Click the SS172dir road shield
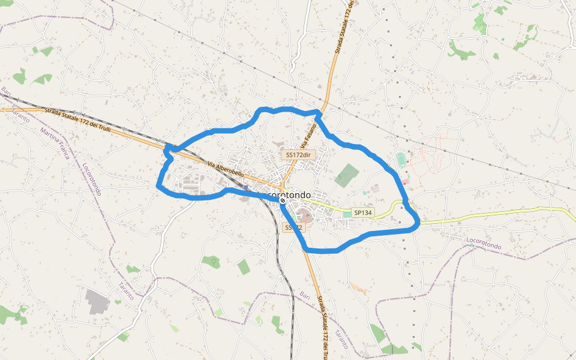(x=298, y=155)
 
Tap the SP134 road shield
(x=363, y=212)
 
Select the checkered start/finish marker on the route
(x=282, y=201)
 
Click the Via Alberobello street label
(x=226, y=169)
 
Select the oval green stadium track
(x=401, y=160)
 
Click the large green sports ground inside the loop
(x=346, y=175)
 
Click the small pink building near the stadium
(x=406, y=181)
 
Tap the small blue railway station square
(x=245, y=187)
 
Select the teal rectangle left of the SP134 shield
(x=347, y=214)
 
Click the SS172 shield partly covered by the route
(x=294, y=227)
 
